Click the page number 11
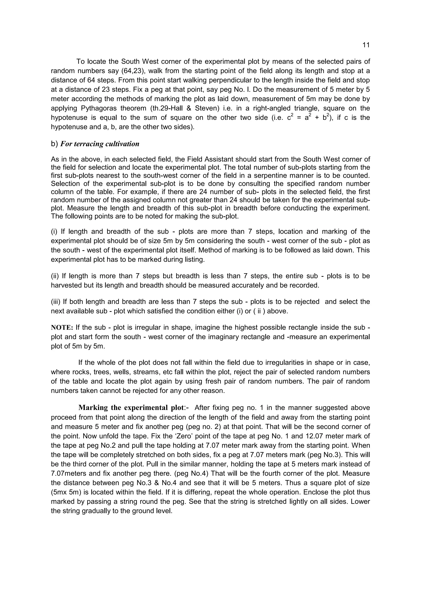(x=366, y=45)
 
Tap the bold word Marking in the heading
(x=93, y=408)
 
